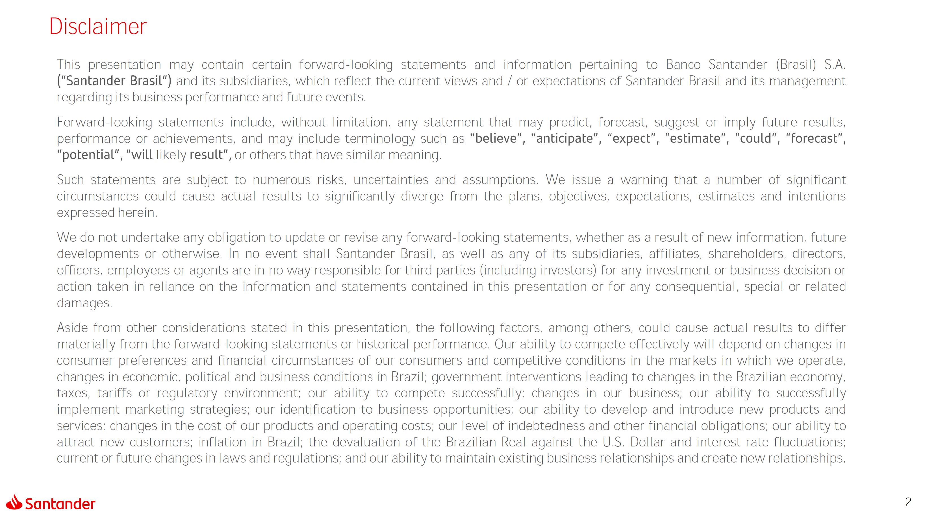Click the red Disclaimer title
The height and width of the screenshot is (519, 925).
click(98, 27)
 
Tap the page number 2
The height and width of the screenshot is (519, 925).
click(908, 502)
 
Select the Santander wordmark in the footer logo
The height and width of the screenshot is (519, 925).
click(60, 504)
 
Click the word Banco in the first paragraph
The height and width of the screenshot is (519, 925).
click(683, 65)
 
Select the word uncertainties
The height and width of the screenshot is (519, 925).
click(391, 180)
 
